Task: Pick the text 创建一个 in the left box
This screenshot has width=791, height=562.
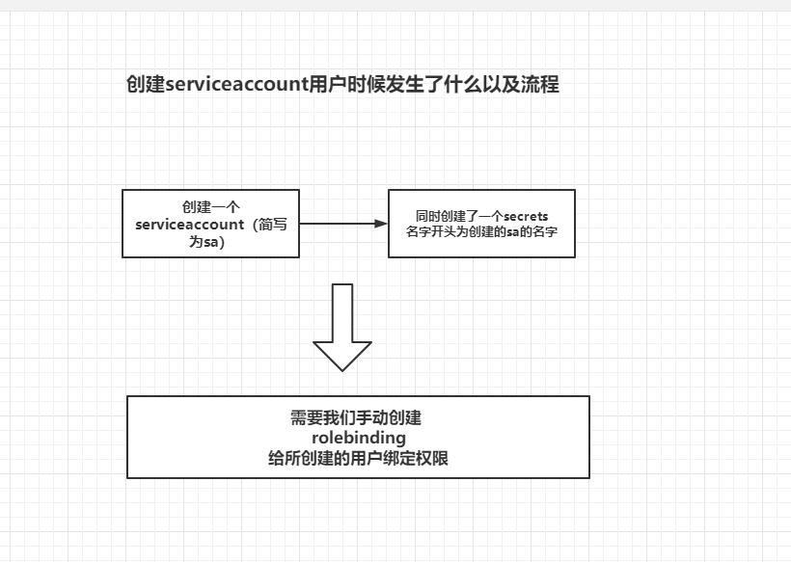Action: click(211, 207)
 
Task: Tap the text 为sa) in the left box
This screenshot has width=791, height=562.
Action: click(206, 242)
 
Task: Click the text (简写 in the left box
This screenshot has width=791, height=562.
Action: click(272, 225)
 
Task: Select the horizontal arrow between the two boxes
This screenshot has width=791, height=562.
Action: click(342, 224)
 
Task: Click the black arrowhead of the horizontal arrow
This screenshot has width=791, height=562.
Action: click(380, 224)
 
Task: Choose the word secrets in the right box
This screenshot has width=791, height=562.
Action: click(526, 216)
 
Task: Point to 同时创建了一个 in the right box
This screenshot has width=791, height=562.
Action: click(459, 216)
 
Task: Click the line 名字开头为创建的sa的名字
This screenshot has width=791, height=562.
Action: click(482, 232)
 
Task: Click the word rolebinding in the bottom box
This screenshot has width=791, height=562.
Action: click(359, 439)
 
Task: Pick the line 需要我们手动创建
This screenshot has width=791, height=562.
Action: click(357, 418)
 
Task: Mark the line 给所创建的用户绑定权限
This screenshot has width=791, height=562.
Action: click(358, 459)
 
